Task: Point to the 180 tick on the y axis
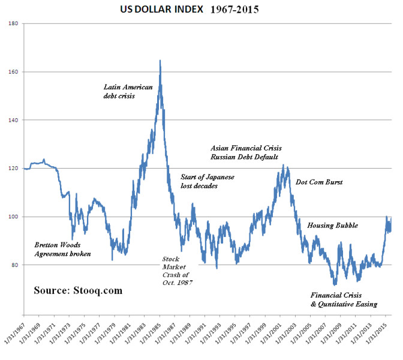point(13,23)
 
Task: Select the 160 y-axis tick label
point(13,72)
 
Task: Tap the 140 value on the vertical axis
point(13,120)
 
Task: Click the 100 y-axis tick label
point(13,217)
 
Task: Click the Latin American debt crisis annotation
point(128,91)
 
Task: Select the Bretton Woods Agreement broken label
point(62,250)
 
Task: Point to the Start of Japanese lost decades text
point(207,182)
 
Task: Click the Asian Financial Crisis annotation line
point(246,148)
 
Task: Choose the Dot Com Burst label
point(319,182)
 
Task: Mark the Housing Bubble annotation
point(332,226)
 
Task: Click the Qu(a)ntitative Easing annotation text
point(344,304)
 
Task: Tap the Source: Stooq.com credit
point(78,290)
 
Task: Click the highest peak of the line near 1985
point(160,61)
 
